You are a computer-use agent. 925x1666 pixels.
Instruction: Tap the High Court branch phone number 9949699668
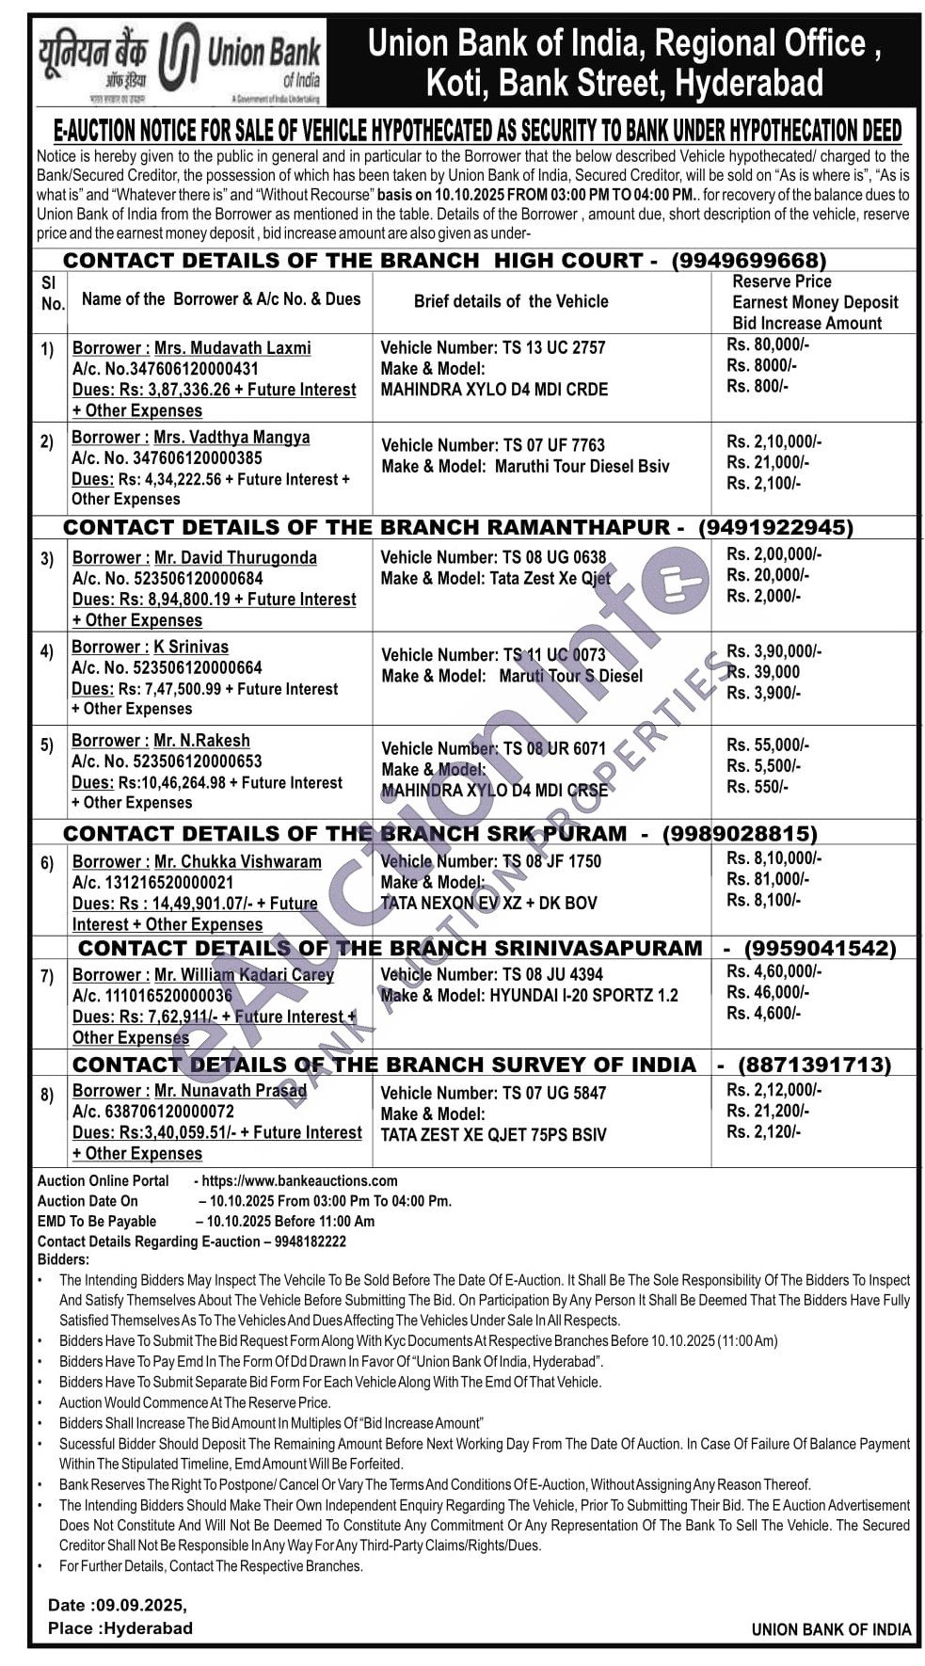(749, 260)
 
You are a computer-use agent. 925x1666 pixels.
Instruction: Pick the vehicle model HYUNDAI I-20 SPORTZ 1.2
(582, 995)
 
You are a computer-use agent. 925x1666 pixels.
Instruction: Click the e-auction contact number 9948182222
(311, 1241)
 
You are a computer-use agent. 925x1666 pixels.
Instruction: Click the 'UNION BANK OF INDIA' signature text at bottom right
(831, 1629)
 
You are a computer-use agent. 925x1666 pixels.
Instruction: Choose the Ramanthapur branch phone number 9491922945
(774, 527)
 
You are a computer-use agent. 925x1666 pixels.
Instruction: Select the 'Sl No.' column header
(52, 293)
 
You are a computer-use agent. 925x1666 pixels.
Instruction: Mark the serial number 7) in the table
(47, 976)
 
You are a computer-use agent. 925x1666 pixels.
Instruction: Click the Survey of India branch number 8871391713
(814, 1065)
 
